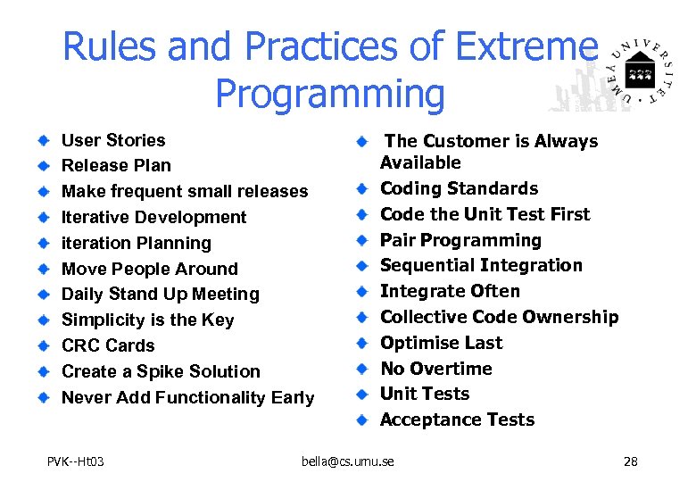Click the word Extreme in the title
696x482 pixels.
coord(520,46)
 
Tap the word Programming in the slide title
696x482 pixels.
coord(329,93)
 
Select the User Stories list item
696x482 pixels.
coord(112,140)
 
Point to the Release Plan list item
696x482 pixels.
coord(116,165)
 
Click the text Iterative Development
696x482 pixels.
coord(153,217)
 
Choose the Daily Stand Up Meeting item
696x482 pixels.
coord(160,294)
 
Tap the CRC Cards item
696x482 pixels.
coord(107,345)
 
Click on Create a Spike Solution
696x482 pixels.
coord(161,371)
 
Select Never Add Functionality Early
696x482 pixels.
coord(187,397)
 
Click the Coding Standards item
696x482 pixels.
coord(459,188)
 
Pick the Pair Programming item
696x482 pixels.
coord(460,240)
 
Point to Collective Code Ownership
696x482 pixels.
coord(499,317)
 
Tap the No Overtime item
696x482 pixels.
coord(435,369)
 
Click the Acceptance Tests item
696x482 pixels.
coord(457,420)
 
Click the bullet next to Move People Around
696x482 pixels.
coord(44,269)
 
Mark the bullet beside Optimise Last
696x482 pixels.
coord(362,343)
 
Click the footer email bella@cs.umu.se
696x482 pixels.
coord(347,461)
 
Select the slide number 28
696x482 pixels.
coord(630,461)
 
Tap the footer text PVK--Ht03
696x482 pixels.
coord(76,461)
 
